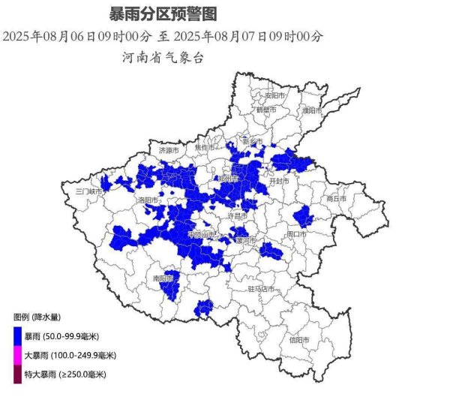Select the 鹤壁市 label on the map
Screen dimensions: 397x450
(267, 110)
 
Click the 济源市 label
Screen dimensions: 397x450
(169, 150)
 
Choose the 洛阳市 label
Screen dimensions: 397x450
(146, 200)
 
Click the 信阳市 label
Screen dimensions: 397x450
(300, 339)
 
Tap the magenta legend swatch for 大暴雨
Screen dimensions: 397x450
(17, 354)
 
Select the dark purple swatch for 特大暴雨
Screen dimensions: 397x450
(17, 374)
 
